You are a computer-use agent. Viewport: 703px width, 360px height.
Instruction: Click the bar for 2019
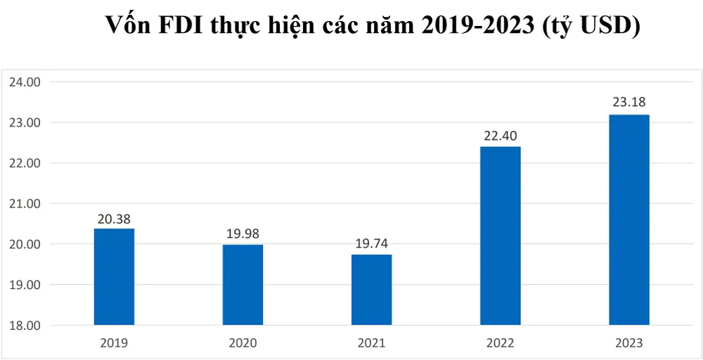114,277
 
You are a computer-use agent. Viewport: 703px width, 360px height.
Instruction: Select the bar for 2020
243,285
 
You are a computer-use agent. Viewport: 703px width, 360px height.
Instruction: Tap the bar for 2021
371,290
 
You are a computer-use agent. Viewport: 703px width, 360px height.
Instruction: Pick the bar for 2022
500,236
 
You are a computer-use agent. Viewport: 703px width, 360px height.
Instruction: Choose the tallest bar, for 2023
629,220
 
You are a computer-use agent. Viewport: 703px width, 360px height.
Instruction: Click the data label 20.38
114,218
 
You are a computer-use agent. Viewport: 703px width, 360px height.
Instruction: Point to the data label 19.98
243,234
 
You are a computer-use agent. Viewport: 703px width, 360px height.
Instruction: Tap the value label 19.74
371,244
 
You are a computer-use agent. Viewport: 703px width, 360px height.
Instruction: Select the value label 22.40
500,136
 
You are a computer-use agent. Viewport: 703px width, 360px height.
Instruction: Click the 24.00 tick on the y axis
26,82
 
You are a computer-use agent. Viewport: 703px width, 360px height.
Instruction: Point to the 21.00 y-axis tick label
26,204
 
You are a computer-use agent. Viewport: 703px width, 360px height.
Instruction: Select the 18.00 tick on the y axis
26,326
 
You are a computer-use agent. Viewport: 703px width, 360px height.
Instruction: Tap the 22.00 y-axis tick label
26,163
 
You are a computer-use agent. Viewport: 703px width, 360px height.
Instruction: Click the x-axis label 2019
114,344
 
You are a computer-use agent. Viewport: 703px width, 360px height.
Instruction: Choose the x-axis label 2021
371,344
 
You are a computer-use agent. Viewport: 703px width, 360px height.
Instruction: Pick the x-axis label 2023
629,344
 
